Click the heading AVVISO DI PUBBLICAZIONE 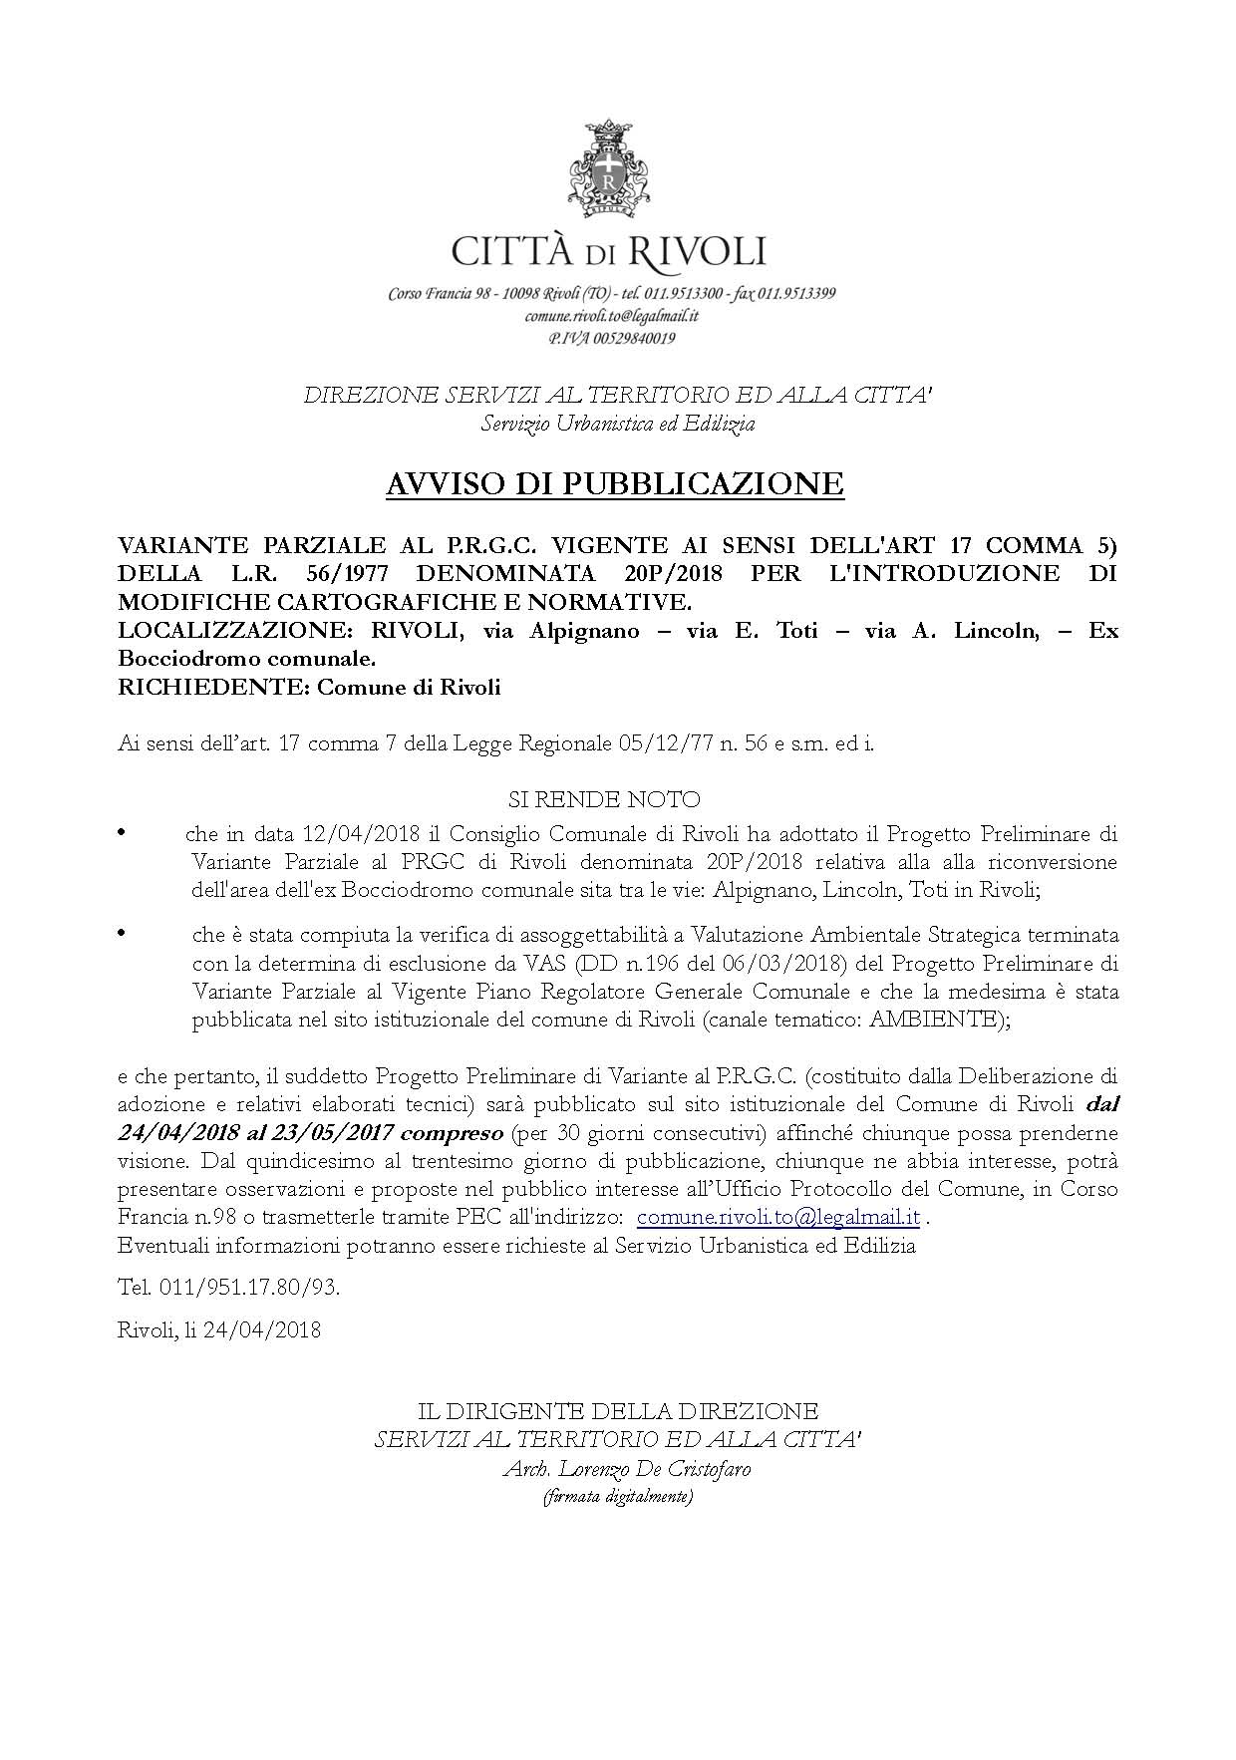click(615, 484)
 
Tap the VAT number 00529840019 click(630, 338)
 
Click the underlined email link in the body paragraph click(777, 1217)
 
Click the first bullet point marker click(124, 831)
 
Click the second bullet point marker click(124, 933)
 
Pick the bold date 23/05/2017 click(331, 1133)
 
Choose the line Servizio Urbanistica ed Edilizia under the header click(618, 424)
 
